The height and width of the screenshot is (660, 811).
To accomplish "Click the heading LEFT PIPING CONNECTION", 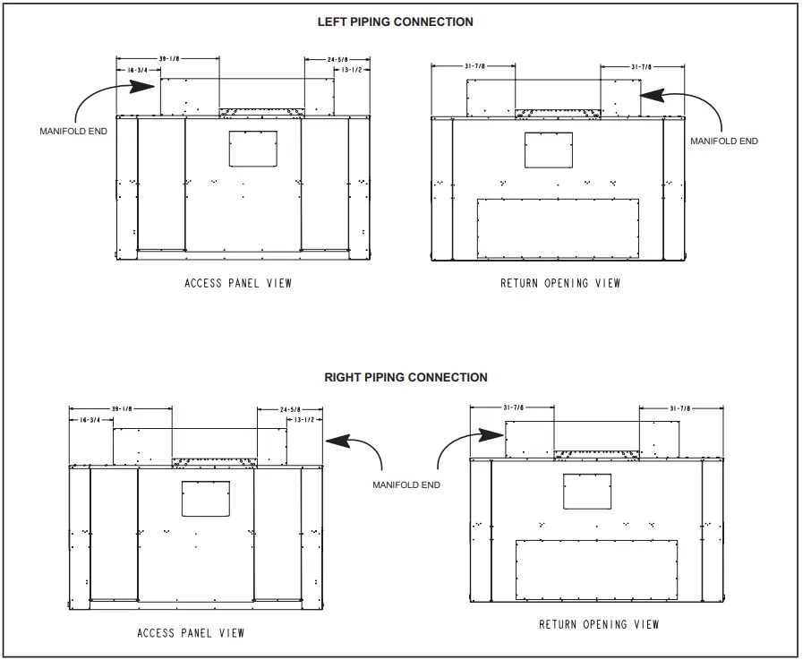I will (395, 21).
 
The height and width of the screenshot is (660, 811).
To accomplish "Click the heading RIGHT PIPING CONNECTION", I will (405, 377).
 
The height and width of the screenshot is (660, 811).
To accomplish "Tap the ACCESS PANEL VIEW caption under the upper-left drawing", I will (237, 283).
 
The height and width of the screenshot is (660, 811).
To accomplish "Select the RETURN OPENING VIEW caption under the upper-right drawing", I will (559, 283).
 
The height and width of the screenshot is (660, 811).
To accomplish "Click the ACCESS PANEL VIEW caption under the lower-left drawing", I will (191, 633).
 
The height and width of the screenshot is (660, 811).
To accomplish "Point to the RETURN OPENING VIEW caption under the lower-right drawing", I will (599, 624).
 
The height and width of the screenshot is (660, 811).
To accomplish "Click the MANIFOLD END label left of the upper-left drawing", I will (73, 131).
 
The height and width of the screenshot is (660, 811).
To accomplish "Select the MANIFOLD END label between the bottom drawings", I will (406, 484).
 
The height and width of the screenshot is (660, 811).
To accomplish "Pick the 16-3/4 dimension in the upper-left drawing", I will (132, 68).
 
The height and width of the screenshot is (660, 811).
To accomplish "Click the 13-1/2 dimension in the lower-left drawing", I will (300, 419).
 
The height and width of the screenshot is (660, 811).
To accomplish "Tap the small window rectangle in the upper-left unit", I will (252, 148).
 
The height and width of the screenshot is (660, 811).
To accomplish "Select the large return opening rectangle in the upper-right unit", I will (558, 226).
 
